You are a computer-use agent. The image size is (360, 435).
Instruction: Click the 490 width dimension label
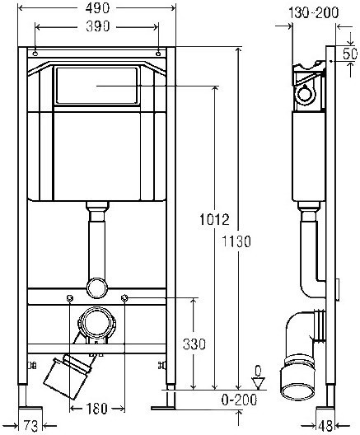pos(97,8)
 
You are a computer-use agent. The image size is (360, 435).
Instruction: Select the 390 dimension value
pos(98,26)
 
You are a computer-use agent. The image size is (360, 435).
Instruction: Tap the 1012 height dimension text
pos(215,220)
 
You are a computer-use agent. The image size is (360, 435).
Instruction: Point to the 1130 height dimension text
pos(236,241)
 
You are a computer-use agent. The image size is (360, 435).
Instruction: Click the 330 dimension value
pos(194,344)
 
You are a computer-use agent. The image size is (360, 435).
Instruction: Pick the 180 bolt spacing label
pos(96,409)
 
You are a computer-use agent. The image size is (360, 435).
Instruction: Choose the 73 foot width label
pos(30,426)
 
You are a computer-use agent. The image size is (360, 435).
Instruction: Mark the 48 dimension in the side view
pos(325,426)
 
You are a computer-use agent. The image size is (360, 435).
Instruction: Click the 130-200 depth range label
pos(314,12)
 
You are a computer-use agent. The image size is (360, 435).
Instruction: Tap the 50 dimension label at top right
pos(350,54)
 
